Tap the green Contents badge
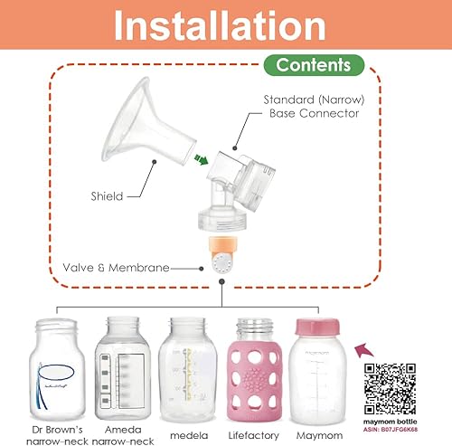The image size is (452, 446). point(313,65)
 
